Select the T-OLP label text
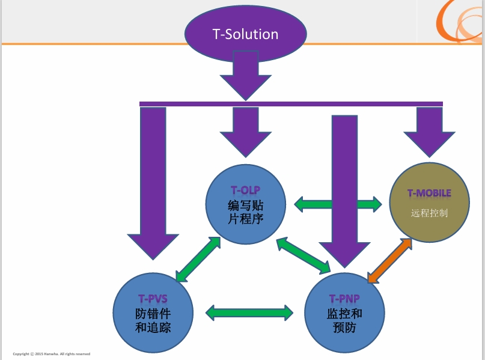tap(245, 191)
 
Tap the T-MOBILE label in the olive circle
tap(429, 193)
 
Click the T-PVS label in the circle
tap(153, 298)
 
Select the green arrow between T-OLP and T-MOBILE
tap(338, 204)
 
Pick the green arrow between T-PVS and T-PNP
tap(249, 312)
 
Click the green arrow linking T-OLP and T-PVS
tap(197, 259)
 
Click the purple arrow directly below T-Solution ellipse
tap(246, 75)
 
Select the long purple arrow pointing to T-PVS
tap(153, 180)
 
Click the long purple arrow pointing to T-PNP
tap(345, 186)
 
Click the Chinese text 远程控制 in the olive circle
tap(429, 213)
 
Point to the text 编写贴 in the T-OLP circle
tap(245, 205)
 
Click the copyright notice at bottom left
tap(52, 353)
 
